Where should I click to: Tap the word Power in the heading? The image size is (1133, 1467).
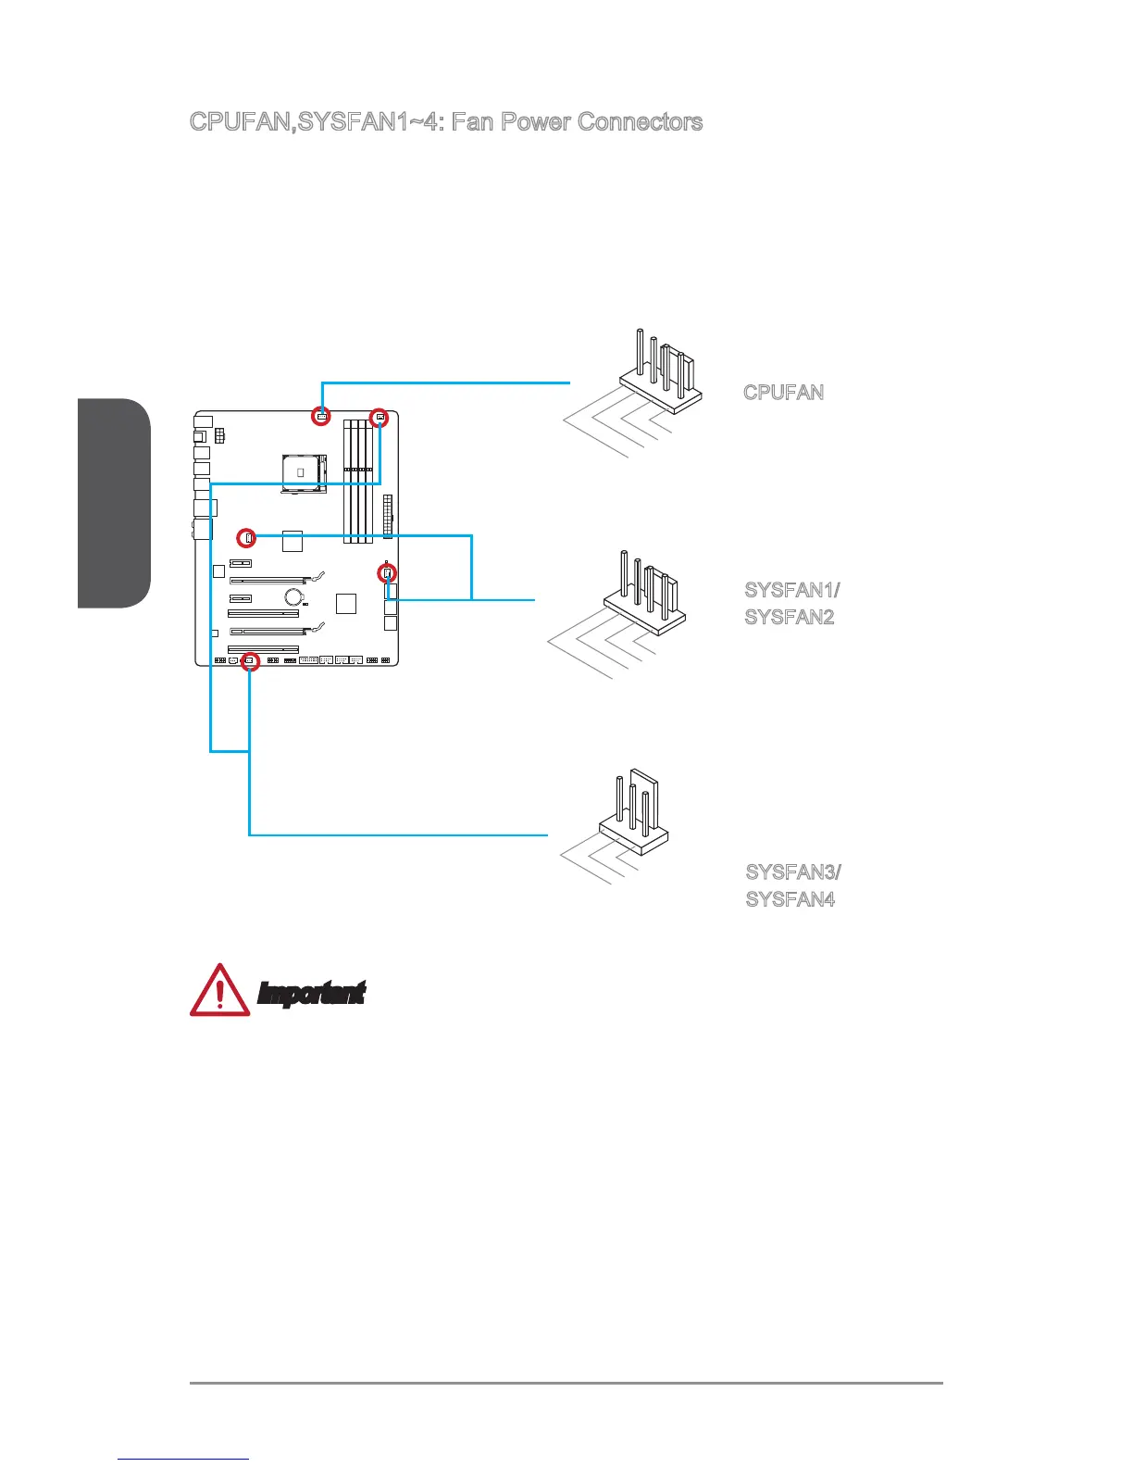click(535, 122)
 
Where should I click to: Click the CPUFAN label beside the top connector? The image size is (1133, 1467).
click(783, 392)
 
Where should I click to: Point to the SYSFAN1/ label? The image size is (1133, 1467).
click(792, 590)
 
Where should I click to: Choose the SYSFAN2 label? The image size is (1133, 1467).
click(790, 617)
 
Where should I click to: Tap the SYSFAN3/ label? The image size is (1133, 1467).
click(793, 872)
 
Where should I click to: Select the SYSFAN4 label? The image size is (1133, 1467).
click(791, 899)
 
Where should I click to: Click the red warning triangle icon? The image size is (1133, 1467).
click(219, 990)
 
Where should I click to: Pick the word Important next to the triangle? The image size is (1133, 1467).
click(311, 994)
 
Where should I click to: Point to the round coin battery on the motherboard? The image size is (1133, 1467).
click(294, 597)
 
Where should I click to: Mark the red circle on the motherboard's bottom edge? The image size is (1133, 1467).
click(249, 661)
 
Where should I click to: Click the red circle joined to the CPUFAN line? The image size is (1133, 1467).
click(320, 416)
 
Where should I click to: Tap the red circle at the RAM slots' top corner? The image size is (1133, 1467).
click(379, 418)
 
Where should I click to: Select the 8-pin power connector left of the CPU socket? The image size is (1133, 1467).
click(219, 434)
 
